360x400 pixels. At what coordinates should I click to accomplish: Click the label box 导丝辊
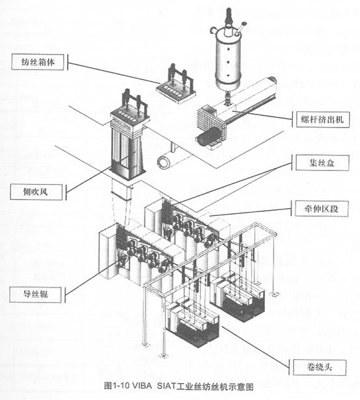pos(36,295)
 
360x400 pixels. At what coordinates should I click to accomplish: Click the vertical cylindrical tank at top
pos(228,59)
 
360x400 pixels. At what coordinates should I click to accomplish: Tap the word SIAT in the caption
pos(172,385)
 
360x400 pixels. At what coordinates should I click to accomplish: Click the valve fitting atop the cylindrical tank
pos(230,14)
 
